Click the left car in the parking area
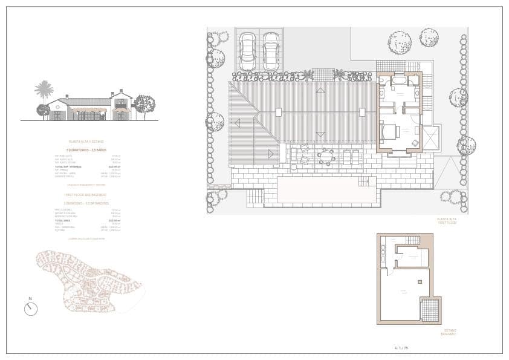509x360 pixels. [247, 51]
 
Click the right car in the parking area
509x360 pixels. [271, 51]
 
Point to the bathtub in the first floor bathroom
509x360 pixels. [400, 80]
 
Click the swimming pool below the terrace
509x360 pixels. [326, 190]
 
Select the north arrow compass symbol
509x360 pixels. [31, 309]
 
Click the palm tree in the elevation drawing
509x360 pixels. [44, 91]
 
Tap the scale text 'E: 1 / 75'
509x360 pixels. [401, 348]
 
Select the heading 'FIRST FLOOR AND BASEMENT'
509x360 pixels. [86, 195]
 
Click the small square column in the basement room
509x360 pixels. [420, 282]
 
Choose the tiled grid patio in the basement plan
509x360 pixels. [430, 310]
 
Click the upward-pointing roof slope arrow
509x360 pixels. [320, 90]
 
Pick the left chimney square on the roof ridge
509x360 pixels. [278, 112]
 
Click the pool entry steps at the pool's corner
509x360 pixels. [363, 182]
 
